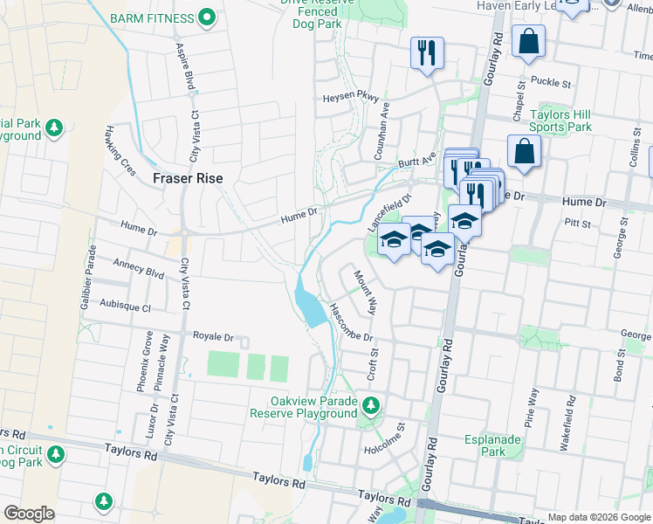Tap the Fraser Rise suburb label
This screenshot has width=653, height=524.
pos(188,178)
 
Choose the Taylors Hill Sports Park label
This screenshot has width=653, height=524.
pos(560,121)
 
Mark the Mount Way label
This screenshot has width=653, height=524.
pos(365,292)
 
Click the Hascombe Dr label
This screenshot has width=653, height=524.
pos(351,323)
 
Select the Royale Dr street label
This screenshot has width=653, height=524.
pos(213,336)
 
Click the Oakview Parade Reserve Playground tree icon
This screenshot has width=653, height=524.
pos(371,405)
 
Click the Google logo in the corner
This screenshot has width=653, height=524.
pos(30,513)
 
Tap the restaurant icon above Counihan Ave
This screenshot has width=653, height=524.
pos(427,53)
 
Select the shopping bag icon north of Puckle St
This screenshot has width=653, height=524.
pos(528,41)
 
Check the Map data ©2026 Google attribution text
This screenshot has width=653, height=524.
pos(598,517)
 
